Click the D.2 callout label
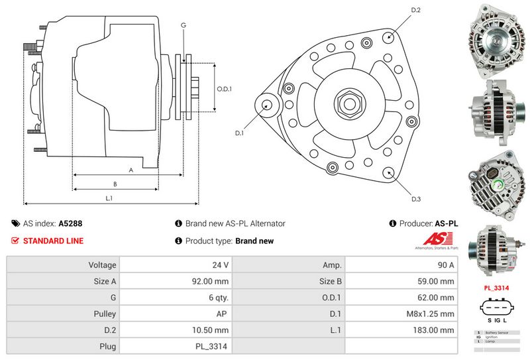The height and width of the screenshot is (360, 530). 416,10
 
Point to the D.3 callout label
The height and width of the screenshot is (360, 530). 416,199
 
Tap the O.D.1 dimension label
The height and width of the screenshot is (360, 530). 225,89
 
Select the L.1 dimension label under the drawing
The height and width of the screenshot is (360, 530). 109,198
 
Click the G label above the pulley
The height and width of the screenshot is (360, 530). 183,25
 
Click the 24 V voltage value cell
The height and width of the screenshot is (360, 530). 221,265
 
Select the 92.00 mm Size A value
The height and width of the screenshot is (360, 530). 211,281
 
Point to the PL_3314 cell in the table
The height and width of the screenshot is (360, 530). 213,346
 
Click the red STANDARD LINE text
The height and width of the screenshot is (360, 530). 53,241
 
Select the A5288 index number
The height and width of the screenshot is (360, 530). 70,224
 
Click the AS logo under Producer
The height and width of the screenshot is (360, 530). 435,241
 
